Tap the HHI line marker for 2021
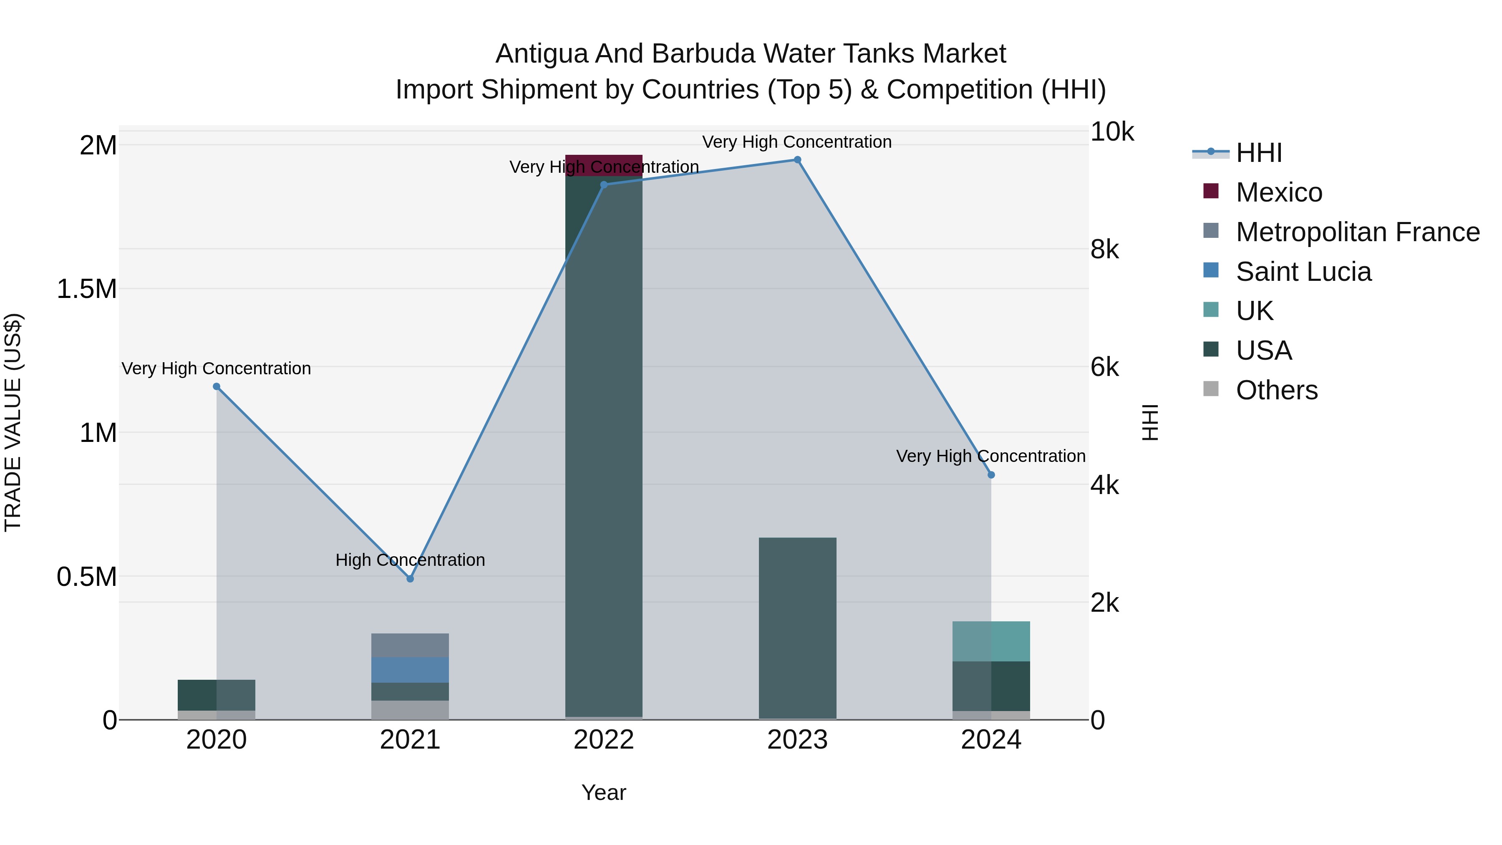pyautogui.click(x=410, y=578)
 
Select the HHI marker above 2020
pyautogui.click(x=216, y=386)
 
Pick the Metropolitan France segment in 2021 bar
pyautogui.click(x=410, y=645)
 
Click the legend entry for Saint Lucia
pyautogui.click(x=1303, y=272)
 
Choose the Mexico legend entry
pyautogui.click(x=1279, y=192)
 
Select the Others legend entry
pyautogui.click(x=1276, y=390)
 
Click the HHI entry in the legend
pyautogui.click(x=1258, y=153)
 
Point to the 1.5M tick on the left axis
pyautogui.click(x=87, y=289)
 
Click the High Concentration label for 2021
pyautogui.click(x=410, y=560)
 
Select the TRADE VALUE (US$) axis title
pyautogui.click(x=13, y=422)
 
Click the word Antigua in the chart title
pyautogui.click(x=541, y=54)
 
